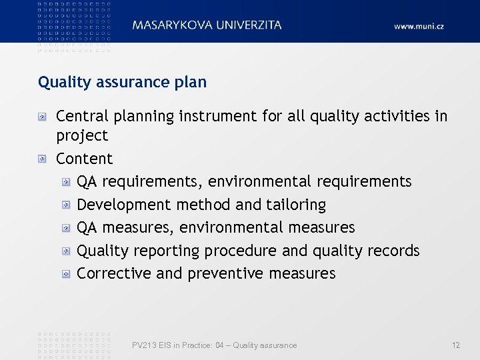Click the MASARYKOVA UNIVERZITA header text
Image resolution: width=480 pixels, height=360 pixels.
(x=207, y=25)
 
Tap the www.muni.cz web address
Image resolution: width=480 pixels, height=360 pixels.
(x=419, y=27)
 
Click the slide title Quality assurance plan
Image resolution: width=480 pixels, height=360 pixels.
(x=122, y=82)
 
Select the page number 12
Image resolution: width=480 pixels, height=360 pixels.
(x=456, y=345)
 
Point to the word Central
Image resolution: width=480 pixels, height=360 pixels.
(x=83, y=116)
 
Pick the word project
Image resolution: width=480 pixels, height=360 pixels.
(x=81, y=136)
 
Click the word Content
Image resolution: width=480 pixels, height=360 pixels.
(x=84, y=159)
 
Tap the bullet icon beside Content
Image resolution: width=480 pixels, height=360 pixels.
(x=43, y=159)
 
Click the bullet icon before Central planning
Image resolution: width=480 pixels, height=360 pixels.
(x=43, y=116)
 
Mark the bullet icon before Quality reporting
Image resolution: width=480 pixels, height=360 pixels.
(x=67, y=251)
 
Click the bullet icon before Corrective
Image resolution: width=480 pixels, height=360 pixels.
(x=67, y=274)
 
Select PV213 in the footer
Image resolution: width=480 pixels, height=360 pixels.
(x=143, y=345)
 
